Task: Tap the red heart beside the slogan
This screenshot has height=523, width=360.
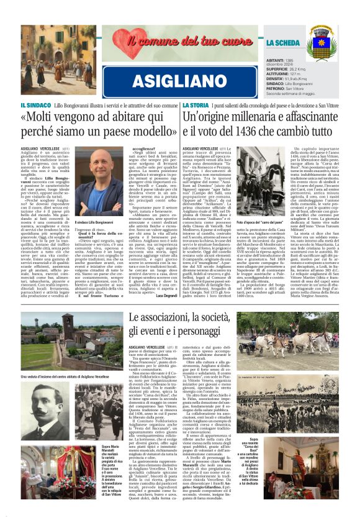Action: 125,43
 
